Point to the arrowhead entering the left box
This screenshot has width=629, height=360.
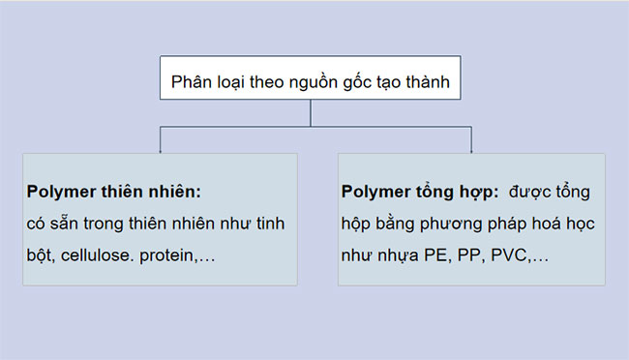[x=160, y=149]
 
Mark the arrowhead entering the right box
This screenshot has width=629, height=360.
[x=471, y=149]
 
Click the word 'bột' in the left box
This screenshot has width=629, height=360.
[x=40, y=255]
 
